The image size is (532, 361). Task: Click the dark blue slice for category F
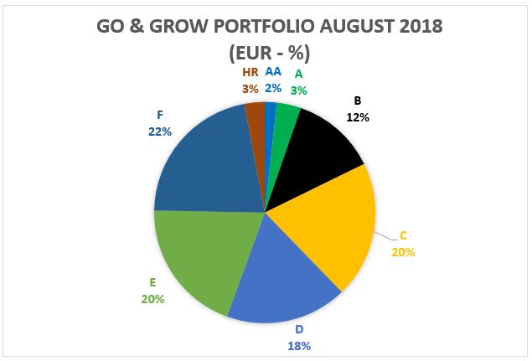pyautogui.click(x=206, y=168)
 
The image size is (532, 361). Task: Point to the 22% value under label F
pyautogui.click(x=160, y=132)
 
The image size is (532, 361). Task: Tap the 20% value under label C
pyautogui.click(x=403, y=251)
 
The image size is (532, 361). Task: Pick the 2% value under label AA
pyautogui.click(x=273, y=87)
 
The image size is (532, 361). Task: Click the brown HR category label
pyautogui.click(x=251, y=73)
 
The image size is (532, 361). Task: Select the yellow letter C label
pyautogui.click(x=403, y=236)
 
